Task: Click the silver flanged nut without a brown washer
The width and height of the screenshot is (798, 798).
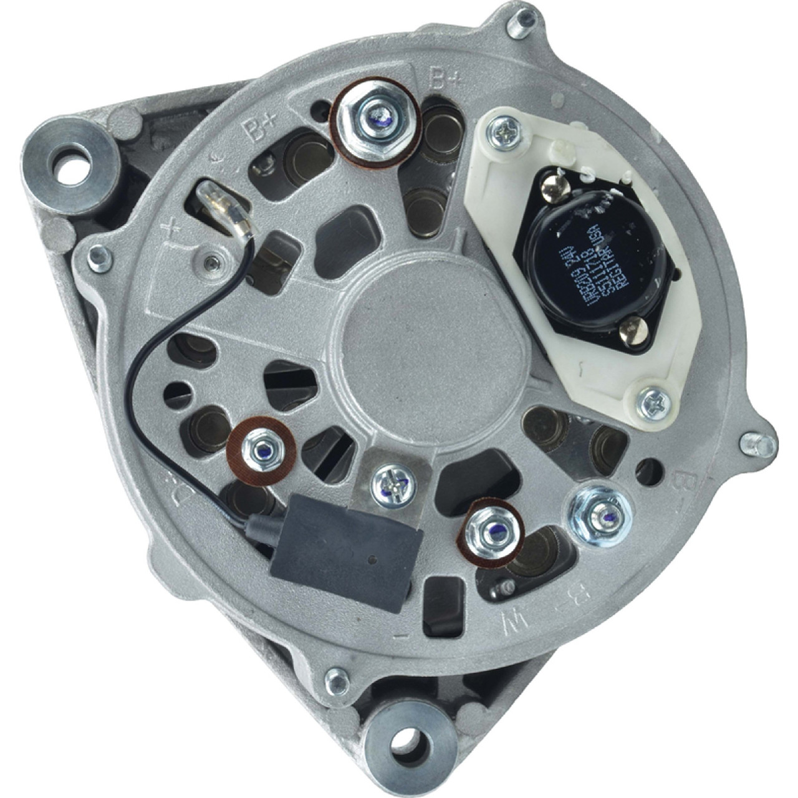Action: tap(600, 513)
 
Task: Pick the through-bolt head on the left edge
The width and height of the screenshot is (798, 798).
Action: tap(100, 255)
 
